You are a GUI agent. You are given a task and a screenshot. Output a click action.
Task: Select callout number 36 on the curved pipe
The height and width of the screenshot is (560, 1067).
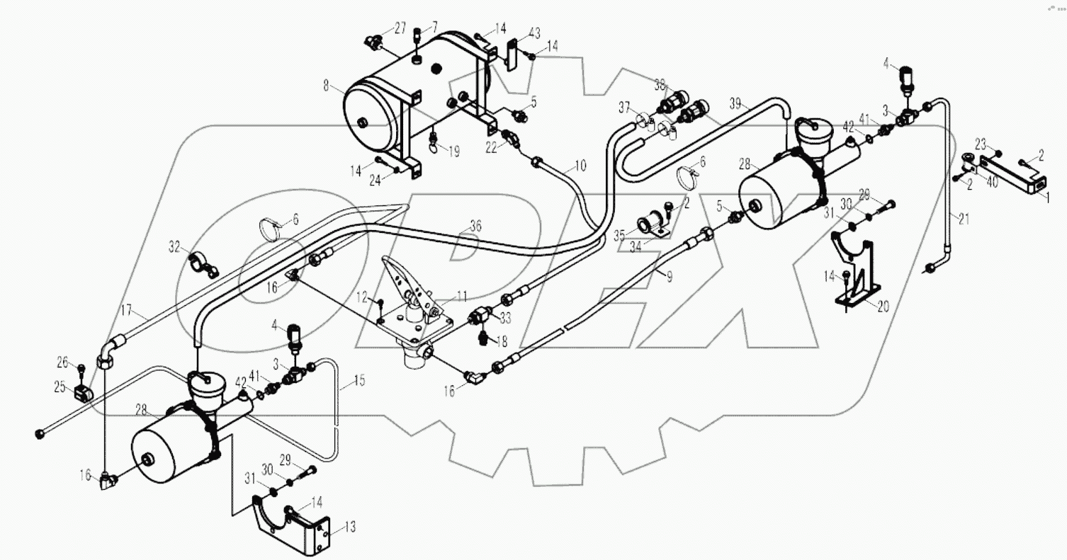click(475, 227)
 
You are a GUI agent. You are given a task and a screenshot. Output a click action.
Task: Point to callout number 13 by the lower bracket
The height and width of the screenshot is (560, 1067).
click(350, 527)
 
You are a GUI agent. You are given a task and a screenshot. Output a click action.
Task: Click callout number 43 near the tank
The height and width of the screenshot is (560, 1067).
click(534, 33)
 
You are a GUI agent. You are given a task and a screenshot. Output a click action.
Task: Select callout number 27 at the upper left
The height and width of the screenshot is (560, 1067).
click(400, 29)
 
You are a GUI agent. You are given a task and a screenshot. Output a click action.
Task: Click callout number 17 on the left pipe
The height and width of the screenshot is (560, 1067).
click(125, 309)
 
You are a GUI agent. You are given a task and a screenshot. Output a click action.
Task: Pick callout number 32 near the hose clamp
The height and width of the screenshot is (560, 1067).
click(175, 246)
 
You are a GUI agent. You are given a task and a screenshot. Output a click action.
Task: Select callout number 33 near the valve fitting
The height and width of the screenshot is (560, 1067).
click(505, 318)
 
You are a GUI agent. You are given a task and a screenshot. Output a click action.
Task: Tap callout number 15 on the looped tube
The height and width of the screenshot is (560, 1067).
click(359, 381)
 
